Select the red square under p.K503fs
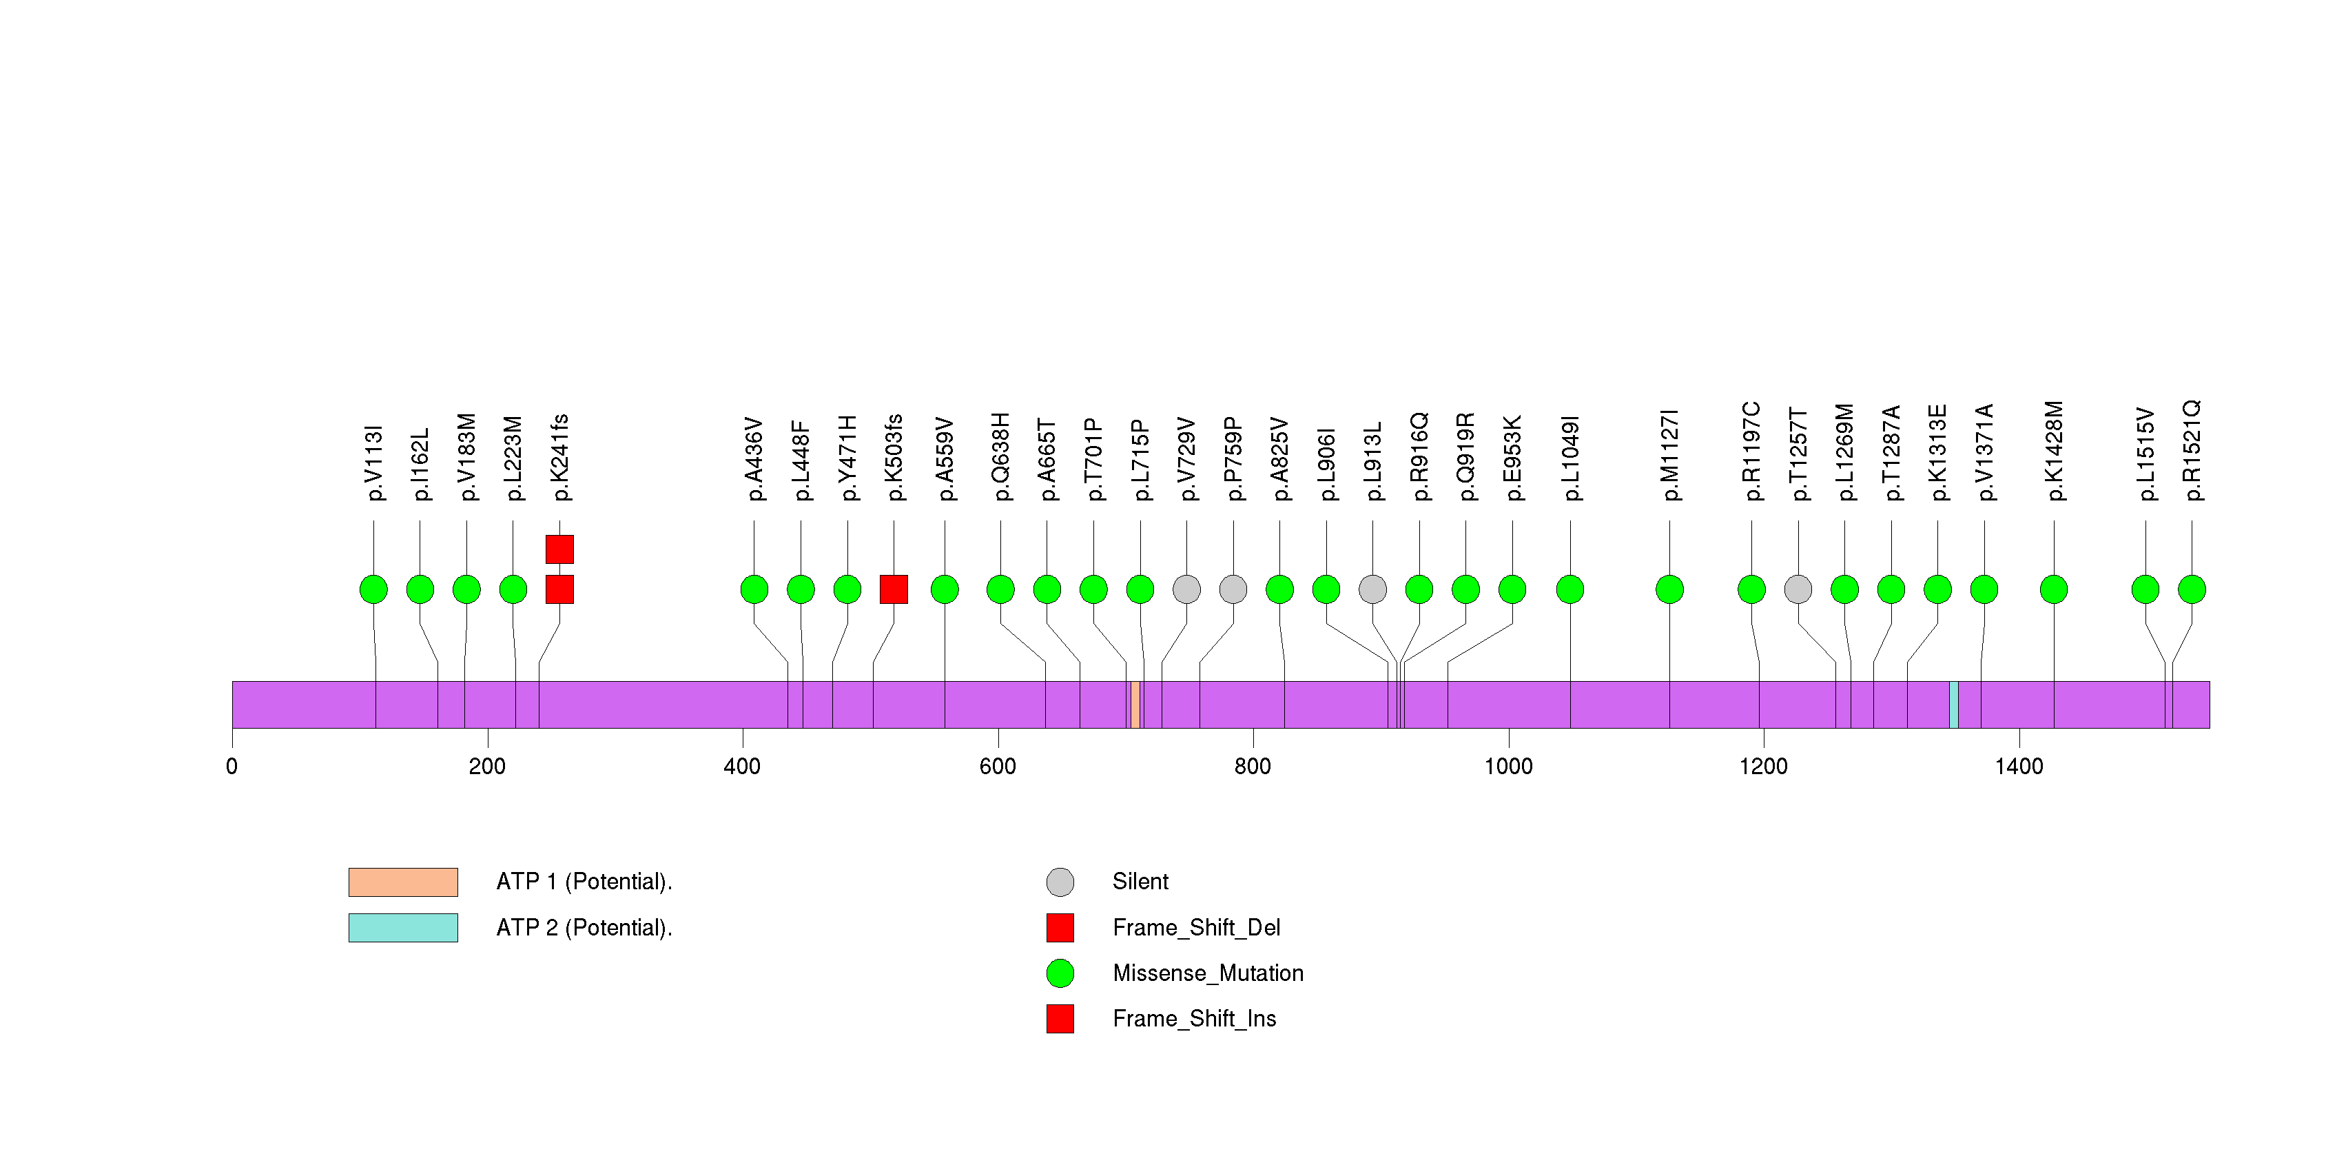tap(893, 589)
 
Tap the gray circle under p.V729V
tap(1186, 589)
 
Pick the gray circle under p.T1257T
tap(1798, 589)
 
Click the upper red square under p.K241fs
tap(560, 549)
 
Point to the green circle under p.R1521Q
tap(2192, 589)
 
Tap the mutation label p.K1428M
tap(2055, 451)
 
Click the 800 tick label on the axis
tap(1253, 767)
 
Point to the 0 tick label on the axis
tap(232, 767)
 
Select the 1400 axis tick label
tap(2018, 767)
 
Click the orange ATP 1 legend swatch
tap(403, 882)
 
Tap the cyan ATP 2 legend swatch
tap(403, 927)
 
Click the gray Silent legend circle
tap(1060, 882)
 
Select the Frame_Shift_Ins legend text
tap(1194, 1019)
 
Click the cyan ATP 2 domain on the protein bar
tap(1954, 705)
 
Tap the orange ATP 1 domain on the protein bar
tap(1135, 705)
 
